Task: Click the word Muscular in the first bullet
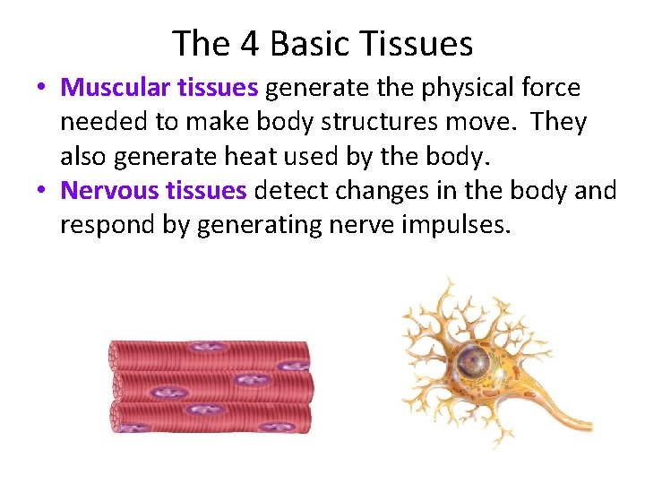(x=111, y=88)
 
